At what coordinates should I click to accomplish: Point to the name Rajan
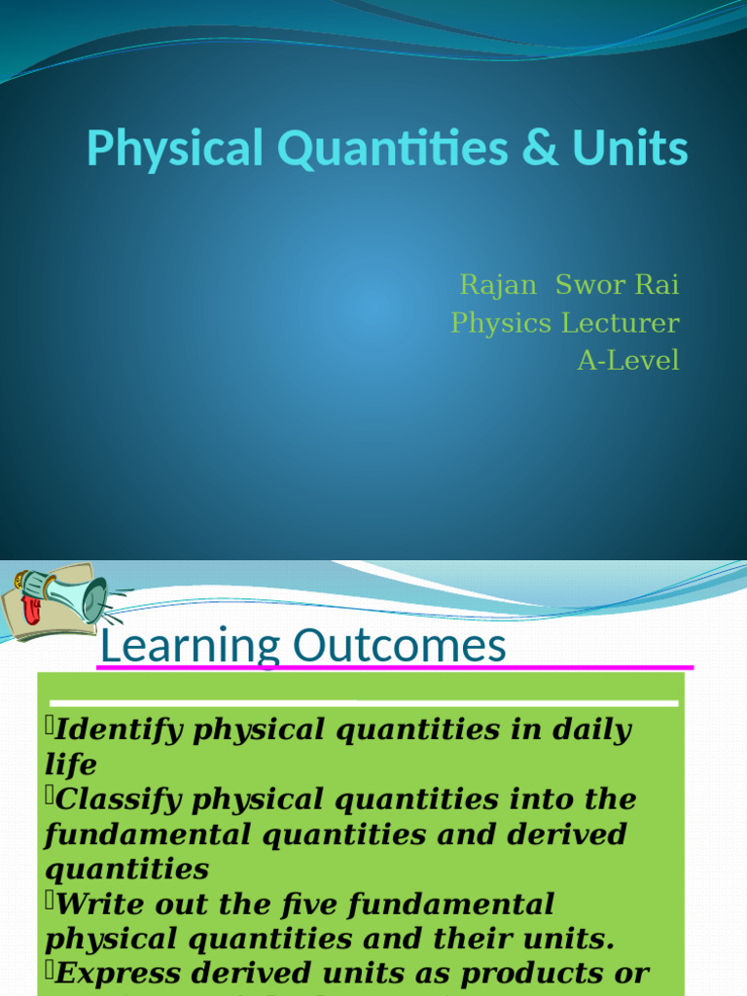pyautogui.click(x=497, y=285)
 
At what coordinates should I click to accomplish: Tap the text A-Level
pyautogui.click(x=628, y=361)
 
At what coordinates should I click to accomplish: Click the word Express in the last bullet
pyautogui.click(x=116, y=973)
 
